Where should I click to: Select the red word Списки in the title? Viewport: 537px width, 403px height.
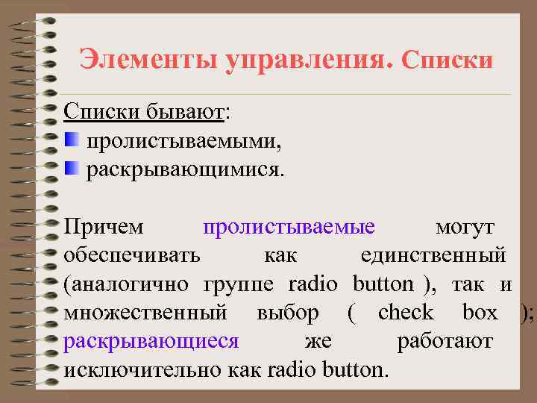(x=447, y=59)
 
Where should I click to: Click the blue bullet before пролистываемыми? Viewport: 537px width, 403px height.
(x=72, y=140)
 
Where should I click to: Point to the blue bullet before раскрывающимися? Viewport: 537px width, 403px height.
(x=72, y=168)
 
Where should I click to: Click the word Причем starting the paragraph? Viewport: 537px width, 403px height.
(x=104, y=225)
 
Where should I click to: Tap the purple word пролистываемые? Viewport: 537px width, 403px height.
(x=289, y=225)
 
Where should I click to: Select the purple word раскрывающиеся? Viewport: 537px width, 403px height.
(x=151, y=342)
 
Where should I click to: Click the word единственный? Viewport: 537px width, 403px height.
(x=433, y=254)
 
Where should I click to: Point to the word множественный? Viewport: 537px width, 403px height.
(x=146, y=313)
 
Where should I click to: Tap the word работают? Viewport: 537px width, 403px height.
(x=445, y=342)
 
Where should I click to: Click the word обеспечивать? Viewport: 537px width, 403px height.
(x=132, y=254)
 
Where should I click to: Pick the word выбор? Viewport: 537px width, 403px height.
(x=288, y=313)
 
